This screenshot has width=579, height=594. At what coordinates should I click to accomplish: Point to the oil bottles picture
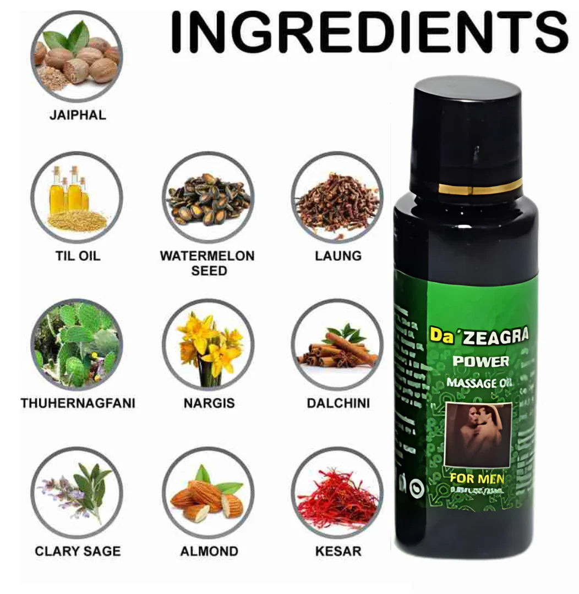point(77,197)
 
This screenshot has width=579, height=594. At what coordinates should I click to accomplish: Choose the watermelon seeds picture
point(208,198)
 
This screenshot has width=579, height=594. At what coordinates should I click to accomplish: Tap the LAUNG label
point(338,256)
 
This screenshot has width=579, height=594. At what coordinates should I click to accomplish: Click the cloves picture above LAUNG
point(337,198)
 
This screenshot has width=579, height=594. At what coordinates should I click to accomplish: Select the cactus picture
point(77,344)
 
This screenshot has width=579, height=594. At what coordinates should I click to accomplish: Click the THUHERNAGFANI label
point(78,403)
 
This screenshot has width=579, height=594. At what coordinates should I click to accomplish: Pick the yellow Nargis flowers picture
point(208,344)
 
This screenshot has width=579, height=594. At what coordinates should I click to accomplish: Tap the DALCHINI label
point(338,403)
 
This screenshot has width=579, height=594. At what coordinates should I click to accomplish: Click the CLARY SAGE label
point(78,551)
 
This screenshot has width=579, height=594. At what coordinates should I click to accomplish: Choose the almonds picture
point(208,492)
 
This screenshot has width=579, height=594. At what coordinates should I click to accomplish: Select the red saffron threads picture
point(337,492)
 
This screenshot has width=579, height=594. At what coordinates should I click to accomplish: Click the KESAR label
point(338,551)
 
